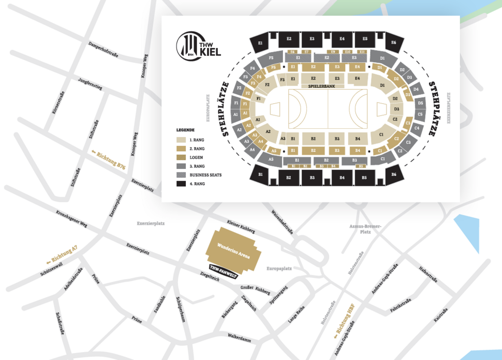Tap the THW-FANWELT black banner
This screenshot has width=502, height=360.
click(x=224, y=269)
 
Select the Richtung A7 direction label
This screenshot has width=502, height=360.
click(x=62, y=255)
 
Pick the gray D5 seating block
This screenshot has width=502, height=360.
click(x=420, y=103)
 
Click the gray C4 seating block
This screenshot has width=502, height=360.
click(x=417, y=128)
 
